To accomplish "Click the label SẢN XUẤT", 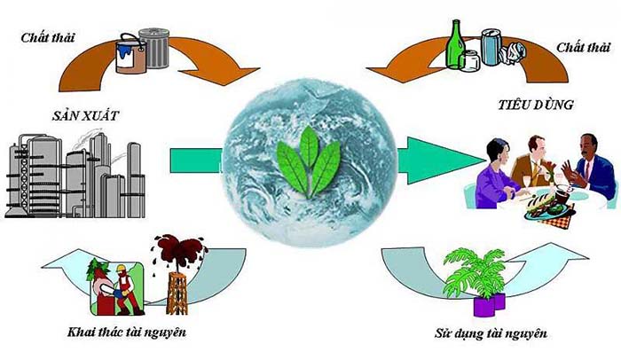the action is [85, 115].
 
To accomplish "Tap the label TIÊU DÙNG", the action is [536, 105].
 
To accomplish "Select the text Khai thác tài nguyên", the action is [127, 332].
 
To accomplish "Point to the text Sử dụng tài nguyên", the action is [491, 333].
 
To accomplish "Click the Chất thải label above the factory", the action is [48, 37].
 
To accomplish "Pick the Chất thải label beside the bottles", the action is [584, 48].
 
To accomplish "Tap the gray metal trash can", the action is [154, 48].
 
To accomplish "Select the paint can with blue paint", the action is [131, 54].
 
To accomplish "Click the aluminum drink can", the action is [491, 47].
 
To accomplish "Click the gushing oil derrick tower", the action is [177, 292].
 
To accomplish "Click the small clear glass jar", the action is [469, 61].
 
